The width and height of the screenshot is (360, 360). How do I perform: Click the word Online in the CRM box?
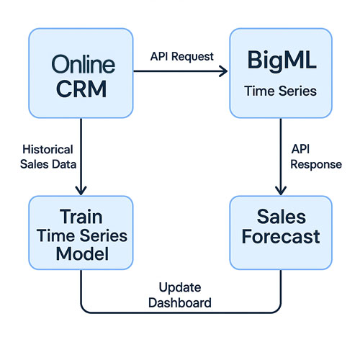84,64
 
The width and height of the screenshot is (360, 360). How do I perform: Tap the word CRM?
81,89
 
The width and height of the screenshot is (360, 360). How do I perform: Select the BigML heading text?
282,61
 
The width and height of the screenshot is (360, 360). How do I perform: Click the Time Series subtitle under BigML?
281,91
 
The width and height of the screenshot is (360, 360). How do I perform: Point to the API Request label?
182,57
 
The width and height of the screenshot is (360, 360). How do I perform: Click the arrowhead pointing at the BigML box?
224,71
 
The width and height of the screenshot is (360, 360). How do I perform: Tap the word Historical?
48,149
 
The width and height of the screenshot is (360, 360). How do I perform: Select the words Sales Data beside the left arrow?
48,164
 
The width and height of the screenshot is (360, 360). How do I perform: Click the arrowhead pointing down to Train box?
81,191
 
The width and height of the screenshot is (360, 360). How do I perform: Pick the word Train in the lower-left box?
81,217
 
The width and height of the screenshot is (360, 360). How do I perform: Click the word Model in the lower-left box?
82,254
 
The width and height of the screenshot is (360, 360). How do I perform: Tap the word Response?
316,165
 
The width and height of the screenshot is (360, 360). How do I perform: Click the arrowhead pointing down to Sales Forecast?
281,191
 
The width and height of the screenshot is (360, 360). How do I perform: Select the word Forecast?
281,237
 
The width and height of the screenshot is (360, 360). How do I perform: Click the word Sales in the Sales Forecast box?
282,217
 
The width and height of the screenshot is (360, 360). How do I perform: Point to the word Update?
180,287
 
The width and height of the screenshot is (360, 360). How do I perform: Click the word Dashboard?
180,302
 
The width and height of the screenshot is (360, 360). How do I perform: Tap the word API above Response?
300,149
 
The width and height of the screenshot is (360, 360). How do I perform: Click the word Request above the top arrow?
192,57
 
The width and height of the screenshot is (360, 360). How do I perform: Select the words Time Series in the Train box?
82,235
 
